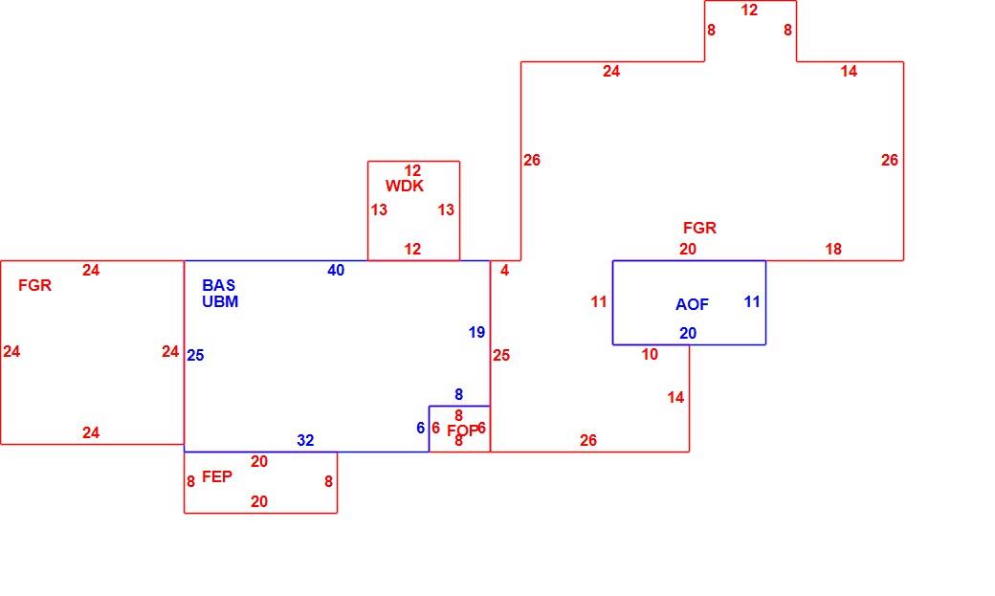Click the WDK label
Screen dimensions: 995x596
404,186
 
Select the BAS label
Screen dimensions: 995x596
219,286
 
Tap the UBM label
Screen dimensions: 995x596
220,301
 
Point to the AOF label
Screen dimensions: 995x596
692,304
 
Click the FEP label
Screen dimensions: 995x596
217,476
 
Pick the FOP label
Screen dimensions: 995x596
463,431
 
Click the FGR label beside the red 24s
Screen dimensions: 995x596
34,286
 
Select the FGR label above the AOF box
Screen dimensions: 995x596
699,228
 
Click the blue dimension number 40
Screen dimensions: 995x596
336,271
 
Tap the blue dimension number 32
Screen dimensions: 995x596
305,440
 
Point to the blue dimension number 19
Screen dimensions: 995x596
476,332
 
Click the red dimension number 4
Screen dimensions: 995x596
504,271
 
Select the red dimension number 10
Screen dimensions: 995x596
650,355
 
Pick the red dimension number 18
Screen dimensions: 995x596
833,250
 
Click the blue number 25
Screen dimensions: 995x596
195,356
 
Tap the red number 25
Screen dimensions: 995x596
501,356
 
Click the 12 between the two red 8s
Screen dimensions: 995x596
749,11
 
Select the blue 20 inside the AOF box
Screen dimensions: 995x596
688,333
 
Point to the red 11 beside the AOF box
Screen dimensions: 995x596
599,301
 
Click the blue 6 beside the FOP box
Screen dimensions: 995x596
420,428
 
